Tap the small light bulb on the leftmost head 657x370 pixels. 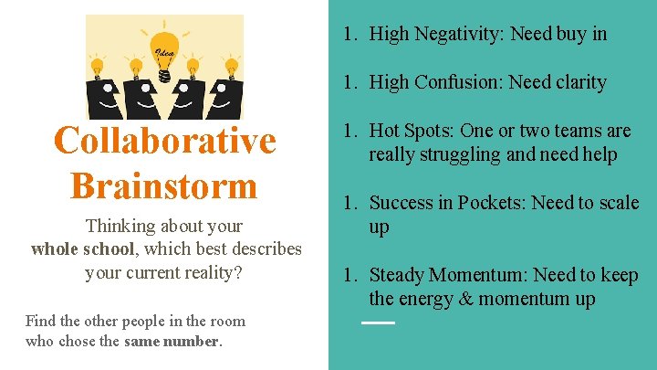tap(98, 67)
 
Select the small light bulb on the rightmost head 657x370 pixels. tap(232, 67)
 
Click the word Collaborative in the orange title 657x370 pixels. tap(164, 141)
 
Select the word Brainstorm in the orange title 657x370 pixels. tap(164, 185)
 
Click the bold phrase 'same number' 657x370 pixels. tap(172, 341)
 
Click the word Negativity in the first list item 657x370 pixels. tap(461, 35)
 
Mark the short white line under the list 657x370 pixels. tap(378, 323)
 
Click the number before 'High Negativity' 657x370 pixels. tap(349, 35)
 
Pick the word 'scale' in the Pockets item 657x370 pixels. tap(619, 203)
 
